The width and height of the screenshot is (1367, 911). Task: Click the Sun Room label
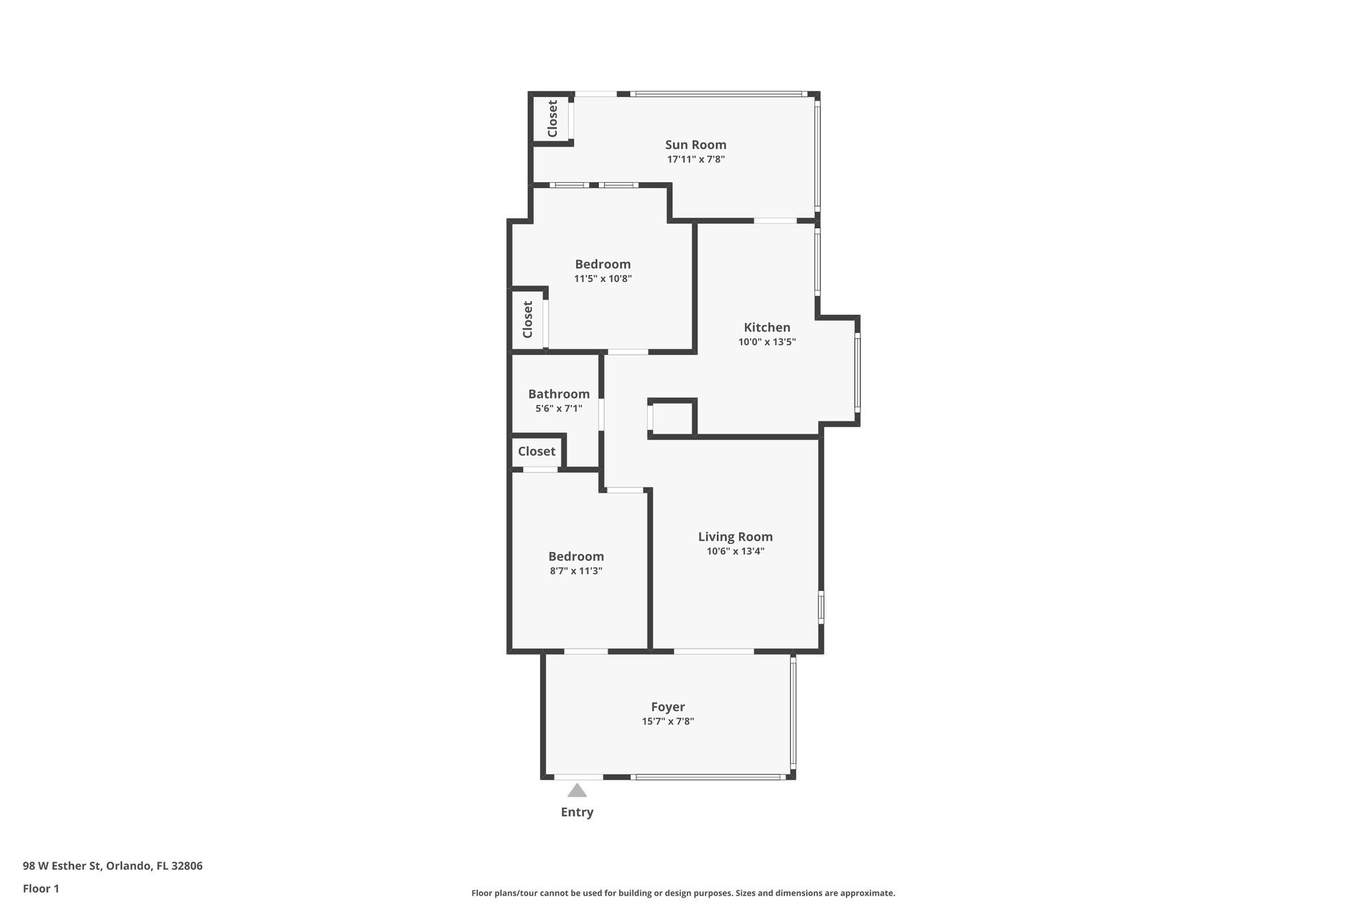[696, 145]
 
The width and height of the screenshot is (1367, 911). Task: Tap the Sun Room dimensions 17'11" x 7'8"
[696, 160]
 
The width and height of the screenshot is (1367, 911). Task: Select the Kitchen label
[767, 328]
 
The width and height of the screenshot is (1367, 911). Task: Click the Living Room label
[735, 537]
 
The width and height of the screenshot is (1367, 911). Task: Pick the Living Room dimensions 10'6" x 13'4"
[735, 551]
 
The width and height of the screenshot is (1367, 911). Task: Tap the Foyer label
[667, 707]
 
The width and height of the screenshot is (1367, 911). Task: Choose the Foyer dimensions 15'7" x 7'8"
[667, 721]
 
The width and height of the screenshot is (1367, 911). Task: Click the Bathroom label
[559, 394]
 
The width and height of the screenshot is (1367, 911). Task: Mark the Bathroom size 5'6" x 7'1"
[559, 408]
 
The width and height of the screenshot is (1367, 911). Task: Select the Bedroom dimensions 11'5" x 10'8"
[603, 279]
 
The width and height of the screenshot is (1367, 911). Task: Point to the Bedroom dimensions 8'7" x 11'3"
[576, 571]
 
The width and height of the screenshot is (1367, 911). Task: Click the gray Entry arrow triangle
[577, 792]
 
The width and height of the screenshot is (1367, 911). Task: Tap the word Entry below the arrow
[577, 812]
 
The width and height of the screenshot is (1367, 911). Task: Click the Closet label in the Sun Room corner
[553, 119]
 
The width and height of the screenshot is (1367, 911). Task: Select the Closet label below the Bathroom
[537, 452]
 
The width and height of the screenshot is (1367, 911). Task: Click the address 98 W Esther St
[112, 866]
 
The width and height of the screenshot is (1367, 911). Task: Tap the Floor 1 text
[41, 888]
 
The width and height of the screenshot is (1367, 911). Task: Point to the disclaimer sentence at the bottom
[683, 893]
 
